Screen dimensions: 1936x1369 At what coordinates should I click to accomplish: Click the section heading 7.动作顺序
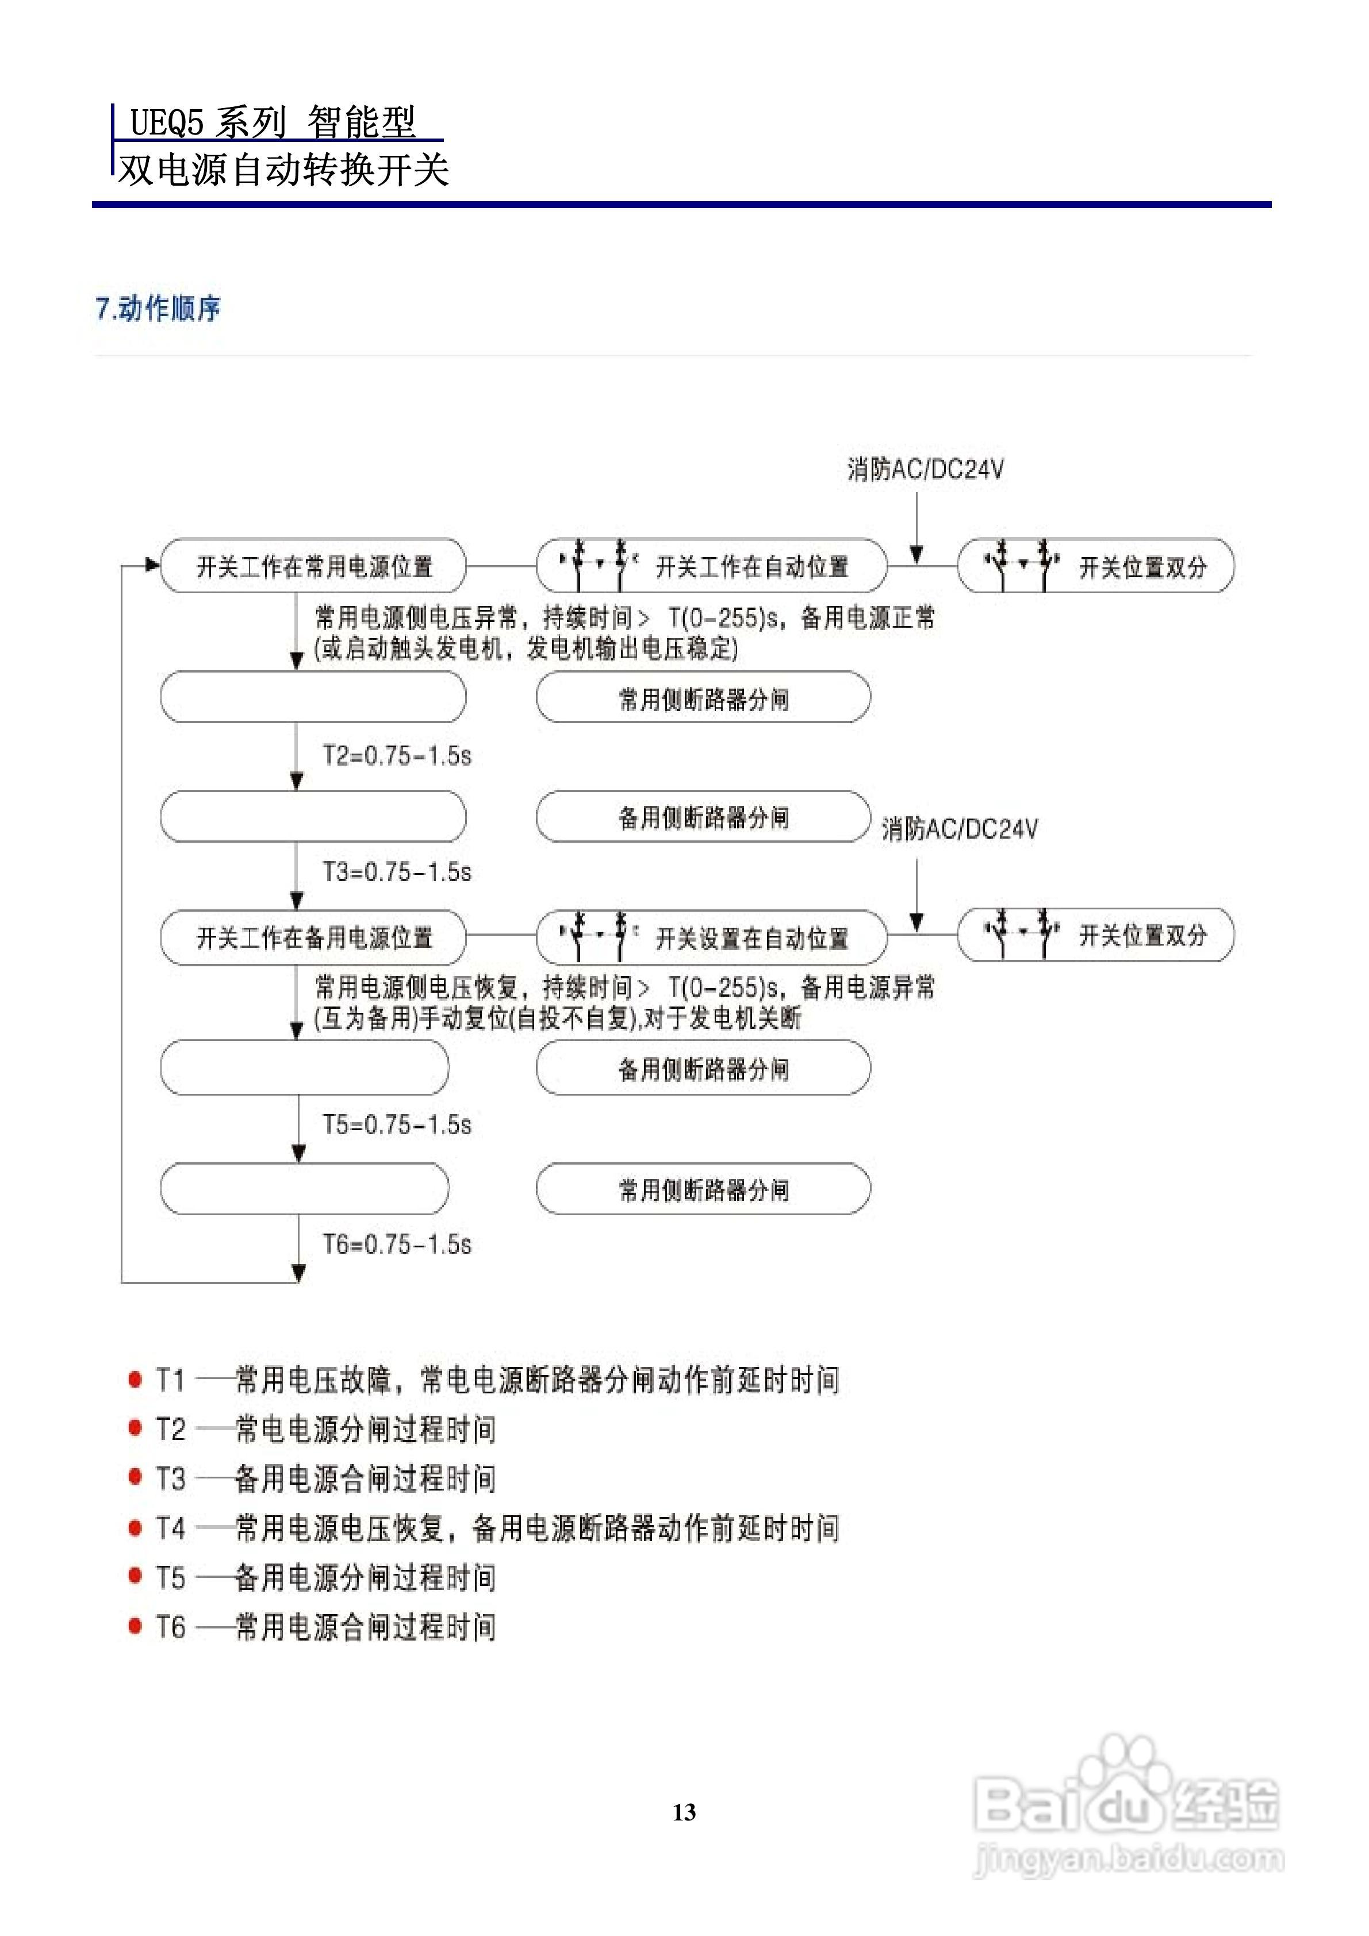[x=159, y=309]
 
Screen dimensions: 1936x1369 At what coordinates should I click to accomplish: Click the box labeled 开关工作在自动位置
[x=712, y=566]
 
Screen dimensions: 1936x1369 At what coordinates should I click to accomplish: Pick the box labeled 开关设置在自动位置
[x=712, y=937]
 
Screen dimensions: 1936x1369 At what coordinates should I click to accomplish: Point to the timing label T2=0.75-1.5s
[x=397, y=755]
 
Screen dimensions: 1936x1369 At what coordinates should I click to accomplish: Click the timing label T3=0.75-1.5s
[x=397, y=872]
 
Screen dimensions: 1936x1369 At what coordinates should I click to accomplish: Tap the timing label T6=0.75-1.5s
[x=397, y=1244]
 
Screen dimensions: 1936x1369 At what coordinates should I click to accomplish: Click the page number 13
[x=684, y=1812]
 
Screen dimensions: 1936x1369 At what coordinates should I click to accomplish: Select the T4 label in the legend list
[x=170, y=1528]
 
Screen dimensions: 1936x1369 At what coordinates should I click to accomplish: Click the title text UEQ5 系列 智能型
[x=273, y=122]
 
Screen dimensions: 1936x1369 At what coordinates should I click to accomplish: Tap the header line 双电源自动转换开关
[x=283, y=170]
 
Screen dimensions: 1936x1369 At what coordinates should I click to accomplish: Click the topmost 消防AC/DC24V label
[x=925, y=470]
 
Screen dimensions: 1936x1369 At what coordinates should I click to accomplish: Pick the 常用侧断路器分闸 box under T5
[x=704, y=1189]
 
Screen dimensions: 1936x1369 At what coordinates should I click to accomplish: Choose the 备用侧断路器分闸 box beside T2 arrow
[x=704, y=816]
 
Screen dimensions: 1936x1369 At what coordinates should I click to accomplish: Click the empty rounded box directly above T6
[x=305, y=1189]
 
